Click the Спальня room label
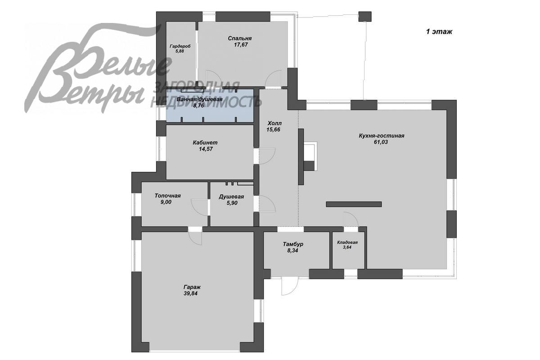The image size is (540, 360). pyautogui.click(x=239, y=38)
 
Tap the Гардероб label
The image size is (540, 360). pyautogui.click(x=180, y=46)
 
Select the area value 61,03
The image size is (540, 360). pyautogui.click(x=381, y=142)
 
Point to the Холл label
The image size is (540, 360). pyautogui.click(x=274, y=123)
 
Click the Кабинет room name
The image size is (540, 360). pyautogui.click(x=205, y=143)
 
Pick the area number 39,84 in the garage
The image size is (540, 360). pyautogui.click(x=190, y=293)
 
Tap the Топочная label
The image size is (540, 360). pyautogui.click(x=167, y=196)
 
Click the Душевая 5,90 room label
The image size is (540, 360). pyautogui.click(x=231, y=200)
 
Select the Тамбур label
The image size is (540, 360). pyautogui.click(x=293, y=244)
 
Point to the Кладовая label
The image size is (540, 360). pyautogui.click(x=347, y=243)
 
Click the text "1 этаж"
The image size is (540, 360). pyautogui.click(x=439, y=31)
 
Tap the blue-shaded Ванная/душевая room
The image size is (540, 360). pyautogui.click(x=210, y=106)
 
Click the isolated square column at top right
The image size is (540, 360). pyautogui.click(x=365, y=17)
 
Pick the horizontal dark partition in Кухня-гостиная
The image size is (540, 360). pyautogui.click(x=354, y=204)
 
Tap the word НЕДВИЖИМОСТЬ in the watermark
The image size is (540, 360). pyautogui.click(x=206, y=102)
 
